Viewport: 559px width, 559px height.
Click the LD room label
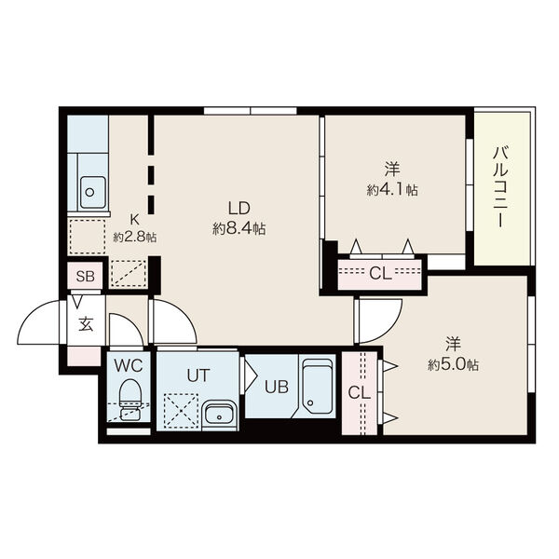239,208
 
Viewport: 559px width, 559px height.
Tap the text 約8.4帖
239,228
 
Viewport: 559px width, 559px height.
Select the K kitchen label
134,220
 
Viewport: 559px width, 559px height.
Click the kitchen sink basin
92,192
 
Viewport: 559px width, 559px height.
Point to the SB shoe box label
85,276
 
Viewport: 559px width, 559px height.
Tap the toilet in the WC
130,400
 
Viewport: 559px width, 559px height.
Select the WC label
129,365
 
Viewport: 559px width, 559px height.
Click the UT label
198,375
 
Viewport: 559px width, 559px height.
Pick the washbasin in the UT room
219,416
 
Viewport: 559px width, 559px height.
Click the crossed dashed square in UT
181,410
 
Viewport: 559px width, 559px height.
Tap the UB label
277,387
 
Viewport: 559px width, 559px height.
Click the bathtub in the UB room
317,387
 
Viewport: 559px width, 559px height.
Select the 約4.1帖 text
392,190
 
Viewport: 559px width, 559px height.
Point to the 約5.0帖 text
453,364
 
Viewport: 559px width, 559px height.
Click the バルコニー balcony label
500,186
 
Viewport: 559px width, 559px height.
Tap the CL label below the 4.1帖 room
380,273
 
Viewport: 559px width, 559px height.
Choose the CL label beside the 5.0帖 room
360,393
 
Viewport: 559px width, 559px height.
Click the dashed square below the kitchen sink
88,237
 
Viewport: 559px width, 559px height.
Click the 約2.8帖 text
135,237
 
